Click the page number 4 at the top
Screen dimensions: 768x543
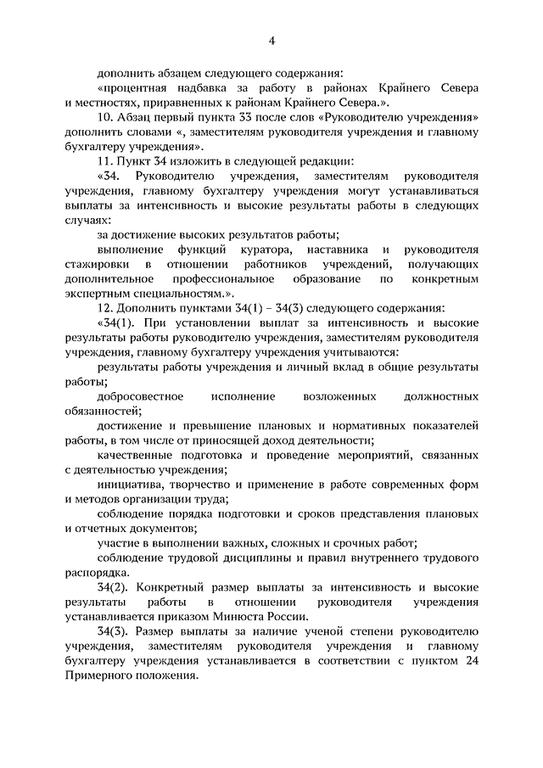(x=272, y=41)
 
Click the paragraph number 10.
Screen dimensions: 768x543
(x=104, y=116)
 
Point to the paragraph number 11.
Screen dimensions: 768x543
(x=104, y=160)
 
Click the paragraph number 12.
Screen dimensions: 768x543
(x=104, y=307)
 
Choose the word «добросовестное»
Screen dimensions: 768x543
(x=142, y=395)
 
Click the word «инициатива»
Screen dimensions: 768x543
(x=130, y=484)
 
